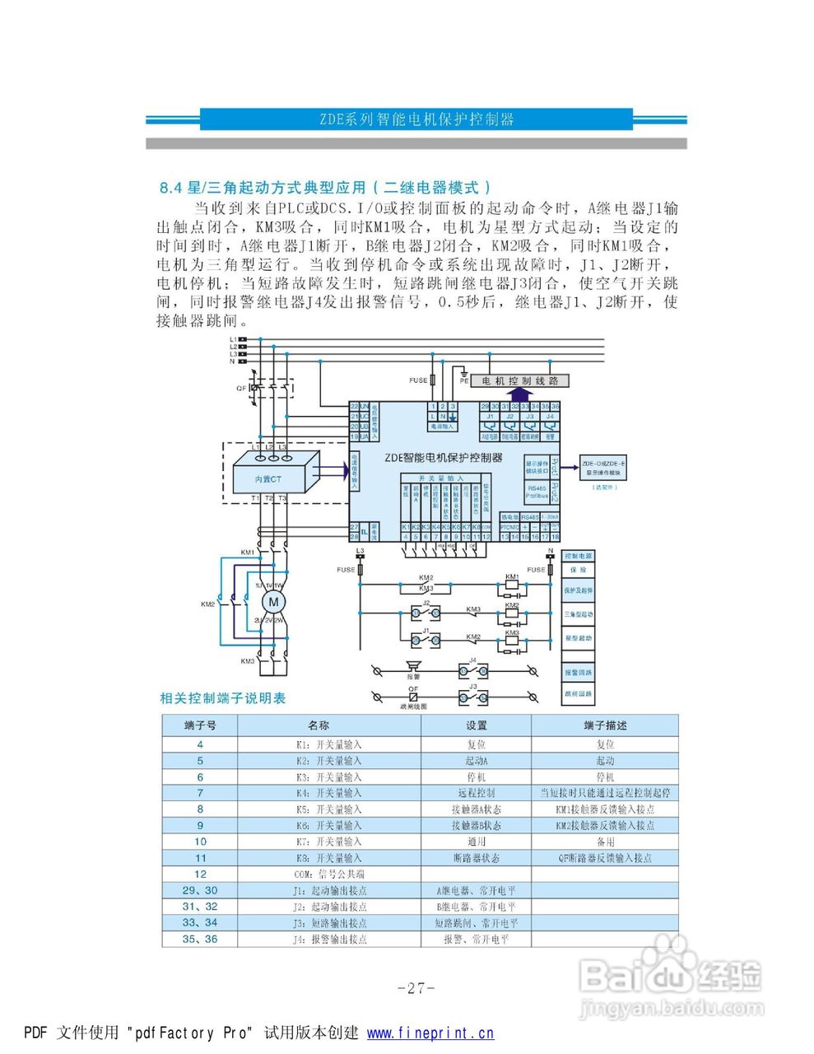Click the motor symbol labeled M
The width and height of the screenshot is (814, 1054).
(271, 603)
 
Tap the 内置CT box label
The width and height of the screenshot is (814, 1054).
(267, 478)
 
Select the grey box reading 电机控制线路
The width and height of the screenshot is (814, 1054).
(520, 381)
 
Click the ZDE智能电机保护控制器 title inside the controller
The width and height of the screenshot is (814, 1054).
(443, 458)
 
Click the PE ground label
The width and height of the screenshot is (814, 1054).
(464, 381)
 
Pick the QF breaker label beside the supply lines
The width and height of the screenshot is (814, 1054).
(241, 387)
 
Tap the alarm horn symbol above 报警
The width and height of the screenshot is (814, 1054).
(412, 665)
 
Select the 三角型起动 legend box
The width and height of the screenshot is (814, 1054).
(578, 614)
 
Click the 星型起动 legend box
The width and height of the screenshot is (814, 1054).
(578, 638)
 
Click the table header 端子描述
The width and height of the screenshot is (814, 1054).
(605, 725)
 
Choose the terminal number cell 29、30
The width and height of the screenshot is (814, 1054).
(200, 890)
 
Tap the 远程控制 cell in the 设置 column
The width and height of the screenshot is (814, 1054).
(476, 793)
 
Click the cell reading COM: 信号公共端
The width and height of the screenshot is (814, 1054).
(329, 874)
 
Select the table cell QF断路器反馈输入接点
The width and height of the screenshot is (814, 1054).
(605, 858)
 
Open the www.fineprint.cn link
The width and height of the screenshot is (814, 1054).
(430, 1033)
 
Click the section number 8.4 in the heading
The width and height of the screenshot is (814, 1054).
(170, 188)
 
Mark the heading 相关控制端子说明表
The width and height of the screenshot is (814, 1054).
(223, 698)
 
